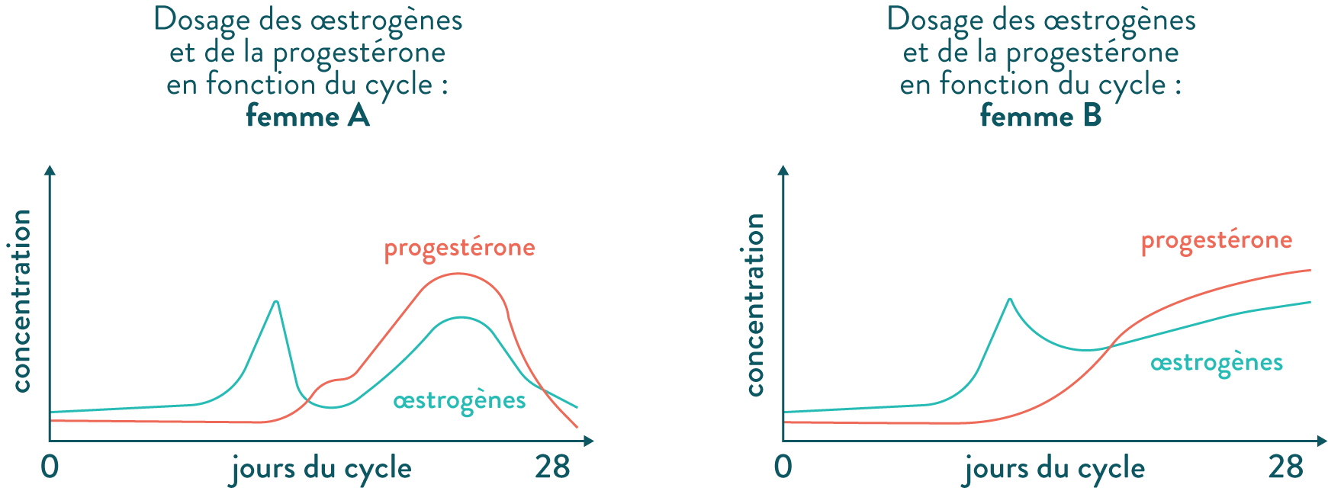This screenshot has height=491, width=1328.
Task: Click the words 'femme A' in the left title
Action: pyautogui.click(x=307, y=117)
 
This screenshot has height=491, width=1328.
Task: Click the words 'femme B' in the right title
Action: pyautogui.click(x=1040, y=117)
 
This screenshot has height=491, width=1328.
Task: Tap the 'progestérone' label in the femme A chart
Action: pyautogui.click(x=459, y=248)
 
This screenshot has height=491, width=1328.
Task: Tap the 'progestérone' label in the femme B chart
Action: pyautogui.click(x=1216, y=241)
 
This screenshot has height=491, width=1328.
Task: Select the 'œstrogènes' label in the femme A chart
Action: pyautogui.click(x=459, y=400)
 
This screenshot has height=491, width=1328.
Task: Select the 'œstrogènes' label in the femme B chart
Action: pyautogui.click(x=1216, y=362)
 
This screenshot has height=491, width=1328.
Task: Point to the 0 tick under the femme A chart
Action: pyautogui.click(x=50, y=467)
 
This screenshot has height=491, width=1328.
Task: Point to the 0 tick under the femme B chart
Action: pyautogui.click(x=783, y=467)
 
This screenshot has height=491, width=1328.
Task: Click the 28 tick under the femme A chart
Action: pyautogui.click(x=552, y=467)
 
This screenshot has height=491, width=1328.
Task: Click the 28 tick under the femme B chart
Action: pyautogui.click(x=1285, y=467)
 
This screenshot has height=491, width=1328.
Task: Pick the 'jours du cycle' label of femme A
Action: pyautogui.click(x=321, y=470)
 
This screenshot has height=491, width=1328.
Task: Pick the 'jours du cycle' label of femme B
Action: pyautogui.click(x=1055, y=470)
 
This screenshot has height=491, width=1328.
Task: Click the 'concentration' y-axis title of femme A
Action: pyautogui.click(x=21, y=301)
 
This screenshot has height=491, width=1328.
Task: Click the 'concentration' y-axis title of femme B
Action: pyautogui.click(x=754, y=305)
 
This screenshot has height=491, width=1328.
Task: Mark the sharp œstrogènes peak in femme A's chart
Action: pyautogui.click(x=276, y=302)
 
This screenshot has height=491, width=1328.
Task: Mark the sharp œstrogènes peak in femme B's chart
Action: pyautogui.click(x=1010, y=299)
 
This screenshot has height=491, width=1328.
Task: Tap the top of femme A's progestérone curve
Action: pyautogui.click(x=456, y=274)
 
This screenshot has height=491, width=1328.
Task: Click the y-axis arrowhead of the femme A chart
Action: pyautogui.click(x=50, y=171)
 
